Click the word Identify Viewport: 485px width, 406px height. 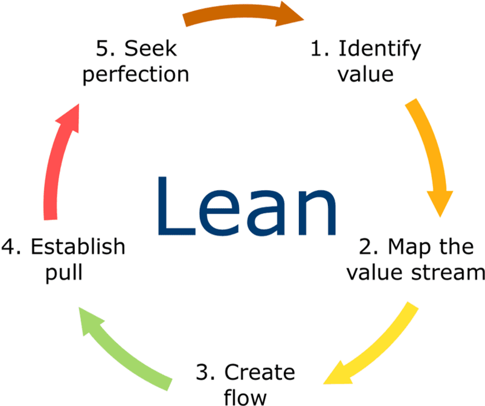click(x=378, y=49)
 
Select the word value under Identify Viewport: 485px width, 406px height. click(x=365, y=74)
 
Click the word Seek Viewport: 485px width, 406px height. click(x=150, y=49)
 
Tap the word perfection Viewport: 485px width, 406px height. click(x=135, y=75)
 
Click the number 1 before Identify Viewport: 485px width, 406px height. click(x=316, y=49)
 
